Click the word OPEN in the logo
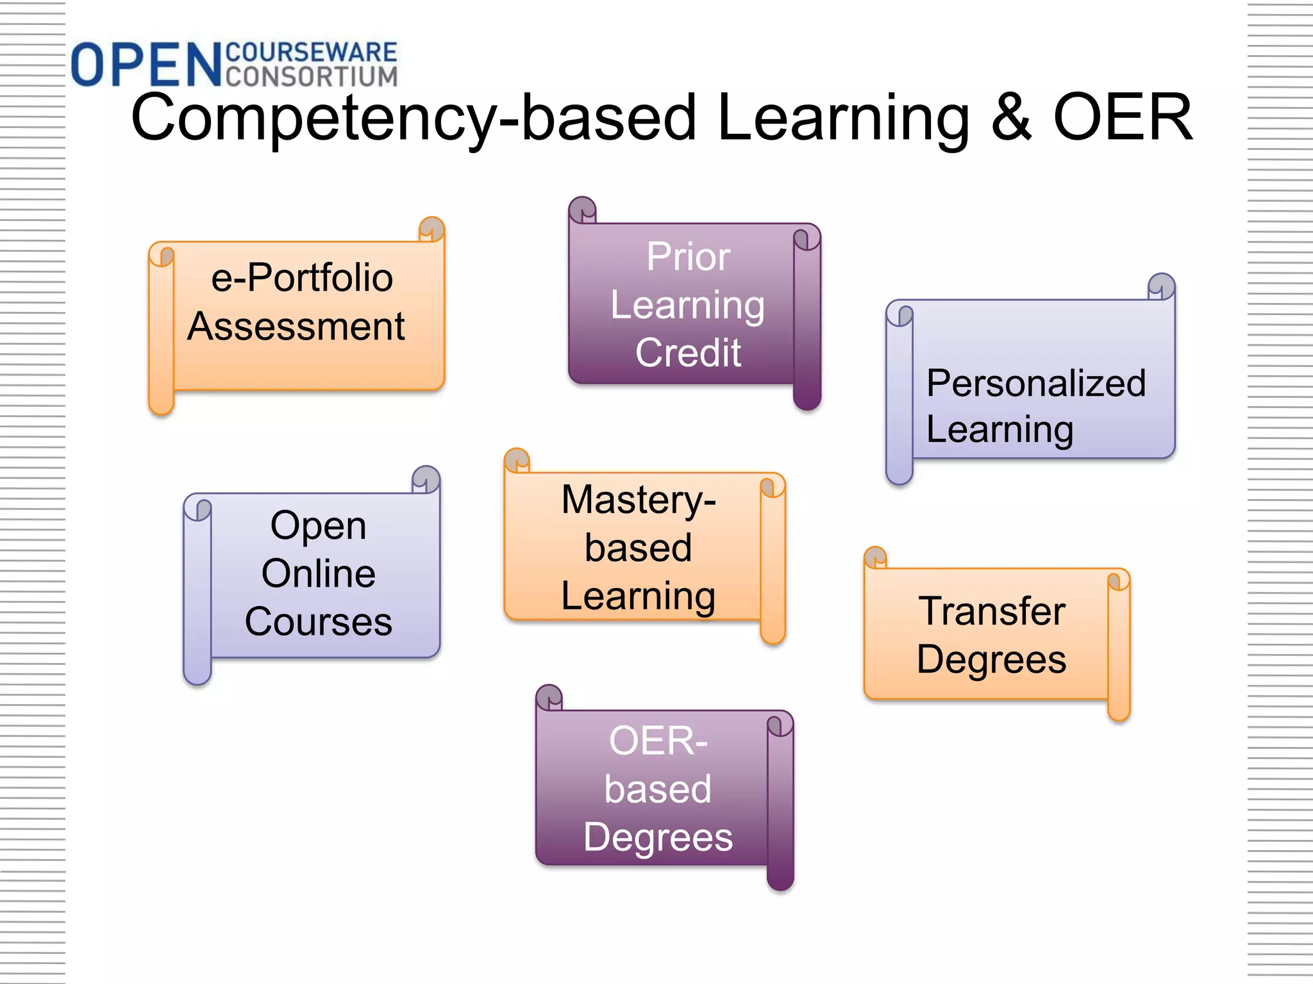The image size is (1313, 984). click(146, 65)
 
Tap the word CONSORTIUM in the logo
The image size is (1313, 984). click(312, 76)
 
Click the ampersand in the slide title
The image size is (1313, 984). click(1011, 117)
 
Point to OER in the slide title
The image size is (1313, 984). click(1123, 117)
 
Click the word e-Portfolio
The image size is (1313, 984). click(302, 278)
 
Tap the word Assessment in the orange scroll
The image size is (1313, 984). click(296, 326)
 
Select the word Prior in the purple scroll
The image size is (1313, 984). click(688, 257)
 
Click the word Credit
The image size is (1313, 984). click(688, 352)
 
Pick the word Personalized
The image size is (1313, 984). click(1035, 383)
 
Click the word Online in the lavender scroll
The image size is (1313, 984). click(319, 573)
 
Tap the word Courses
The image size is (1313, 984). click(319, 621)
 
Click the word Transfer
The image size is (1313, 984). click(992, 611)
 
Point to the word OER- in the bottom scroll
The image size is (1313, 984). click(658, 741)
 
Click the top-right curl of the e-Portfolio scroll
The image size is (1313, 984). click(431, 229)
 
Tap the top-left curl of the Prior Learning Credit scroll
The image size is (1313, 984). click(582, 209)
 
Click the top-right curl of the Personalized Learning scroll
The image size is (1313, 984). click(1161, 286)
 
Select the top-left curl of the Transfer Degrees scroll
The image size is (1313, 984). click(875, 557)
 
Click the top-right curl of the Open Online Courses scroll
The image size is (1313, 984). click(426, 479)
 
